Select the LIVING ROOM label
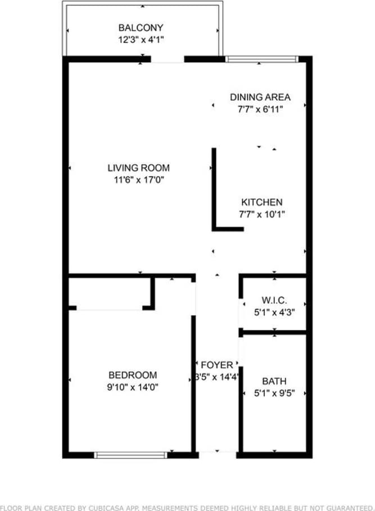(138, 168)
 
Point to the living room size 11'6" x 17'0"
(138, 180)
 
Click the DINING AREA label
(260, 97)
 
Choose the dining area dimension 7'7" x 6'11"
(260, 109)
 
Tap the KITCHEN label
(261, 202)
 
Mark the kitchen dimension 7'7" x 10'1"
(261, 214)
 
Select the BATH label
(274, 381)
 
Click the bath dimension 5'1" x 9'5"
(274, 393)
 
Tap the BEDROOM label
(133, 375)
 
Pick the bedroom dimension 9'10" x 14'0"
(133, 387)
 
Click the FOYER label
(217, 365)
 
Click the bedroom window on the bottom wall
(130, 455)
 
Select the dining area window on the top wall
(261, 58)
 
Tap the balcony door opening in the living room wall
(168, 58)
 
